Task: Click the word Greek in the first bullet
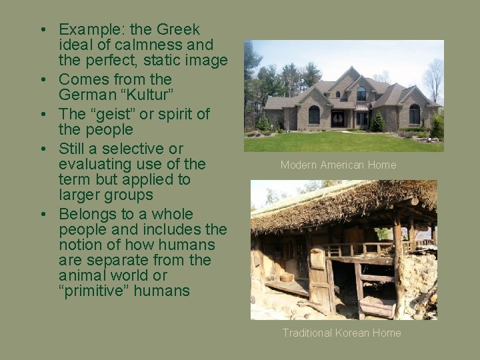(178, 30)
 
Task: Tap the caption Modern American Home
(338, 165)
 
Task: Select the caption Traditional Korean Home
(341, 333)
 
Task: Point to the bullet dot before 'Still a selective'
(42, 149)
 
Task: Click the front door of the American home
(339, 119)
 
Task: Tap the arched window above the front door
(361, 93)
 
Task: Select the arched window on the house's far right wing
(414, 115)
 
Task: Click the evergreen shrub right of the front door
(377, 122)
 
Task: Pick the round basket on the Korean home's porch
(287, 277)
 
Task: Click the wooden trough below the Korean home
(377, 309)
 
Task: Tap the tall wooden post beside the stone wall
(398, 260)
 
